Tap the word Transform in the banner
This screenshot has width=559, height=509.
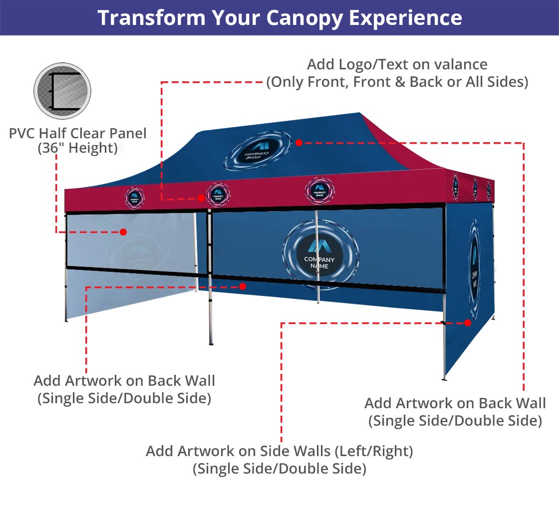pos(151,18)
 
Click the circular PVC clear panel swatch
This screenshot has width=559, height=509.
pos(62,91)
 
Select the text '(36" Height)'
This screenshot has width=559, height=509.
pos(77,148)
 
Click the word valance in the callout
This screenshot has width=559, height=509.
pos(457,64)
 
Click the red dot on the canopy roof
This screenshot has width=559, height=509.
pos(298,143)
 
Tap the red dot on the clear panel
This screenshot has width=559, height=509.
pos(123,232)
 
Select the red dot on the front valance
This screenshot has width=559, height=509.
pos(201,198)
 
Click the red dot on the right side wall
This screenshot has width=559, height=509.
pos(468,323)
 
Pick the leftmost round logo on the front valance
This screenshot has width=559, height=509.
pos(134,198)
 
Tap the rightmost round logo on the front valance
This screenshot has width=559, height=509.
pos(319,190)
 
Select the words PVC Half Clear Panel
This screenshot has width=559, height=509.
pos(78,133)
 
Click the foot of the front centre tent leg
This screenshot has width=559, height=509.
pos(211,343)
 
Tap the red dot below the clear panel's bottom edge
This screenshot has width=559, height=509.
pos(243,286)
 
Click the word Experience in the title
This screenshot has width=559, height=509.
pos(405,18)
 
